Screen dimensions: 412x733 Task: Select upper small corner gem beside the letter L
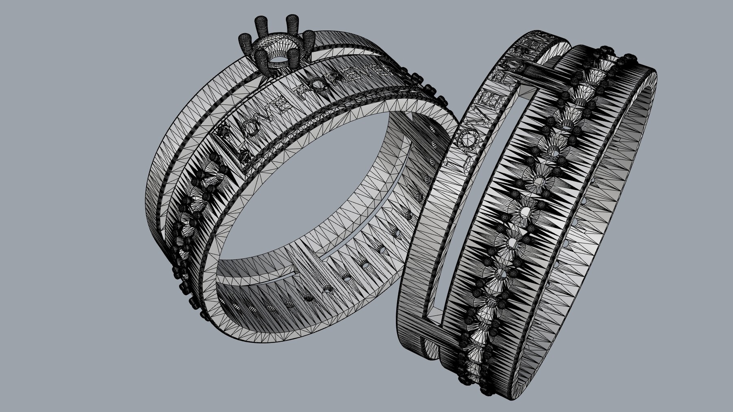click(x=223, y=131)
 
